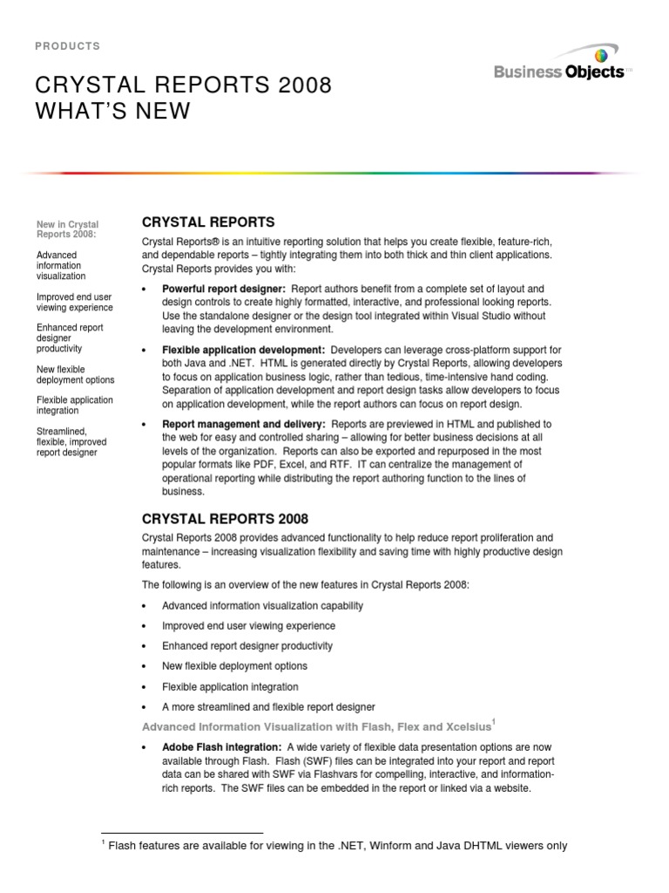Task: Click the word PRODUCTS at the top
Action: [68, 46]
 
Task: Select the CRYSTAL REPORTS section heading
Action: [208, 222]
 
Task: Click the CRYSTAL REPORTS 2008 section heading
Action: [225, 519]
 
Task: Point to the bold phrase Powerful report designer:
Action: [224, 289]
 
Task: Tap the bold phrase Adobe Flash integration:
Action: [221, 748]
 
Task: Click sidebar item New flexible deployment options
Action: [75, 374]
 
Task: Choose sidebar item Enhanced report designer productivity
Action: [70, 337]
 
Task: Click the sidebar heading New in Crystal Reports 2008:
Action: [67, 229]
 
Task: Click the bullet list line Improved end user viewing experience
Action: [248, 626]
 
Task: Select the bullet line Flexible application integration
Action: [230, 686]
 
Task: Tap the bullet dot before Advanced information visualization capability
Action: [145, 606]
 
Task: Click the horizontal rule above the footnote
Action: [182, 833]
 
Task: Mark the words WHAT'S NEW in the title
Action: [112, 111]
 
